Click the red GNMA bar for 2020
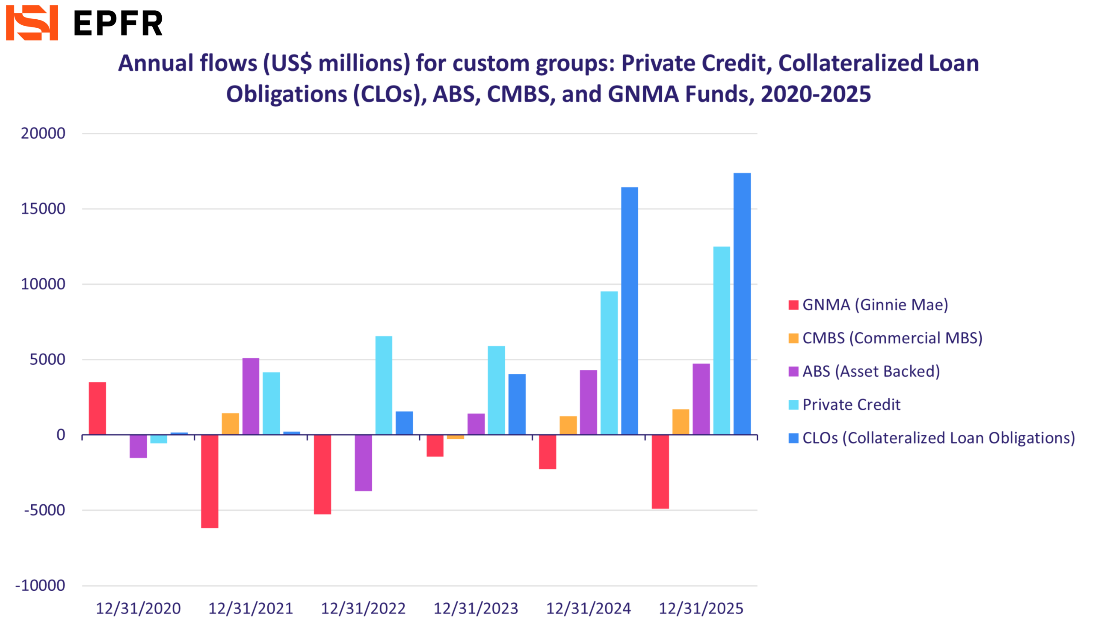[x=97, y=408]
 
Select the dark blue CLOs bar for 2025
[x=742, y=304]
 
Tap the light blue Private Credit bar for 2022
[x=384, y=385]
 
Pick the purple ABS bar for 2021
[x=251, y=396]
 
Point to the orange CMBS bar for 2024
[x=568, y=425]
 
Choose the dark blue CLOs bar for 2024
[x=629, y=310]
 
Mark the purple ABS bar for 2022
[x=363, y=462]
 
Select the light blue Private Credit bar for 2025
[x=721, y=340]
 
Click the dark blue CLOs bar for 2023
[x=517, y=404]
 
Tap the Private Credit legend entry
[x=851, y=405]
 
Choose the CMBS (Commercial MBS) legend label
[x=892, y=338]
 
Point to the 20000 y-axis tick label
[x=43, y=134]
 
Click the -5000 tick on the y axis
[x=44, y=510]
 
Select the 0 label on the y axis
[x=61, y=435]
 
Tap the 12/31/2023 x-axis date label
[x=476, y=608]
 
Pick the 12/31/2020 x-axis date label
[x=138, y=608]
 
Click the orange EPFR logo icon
[x=32, y=23]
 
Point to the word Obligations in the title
[x=286, y=94]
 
